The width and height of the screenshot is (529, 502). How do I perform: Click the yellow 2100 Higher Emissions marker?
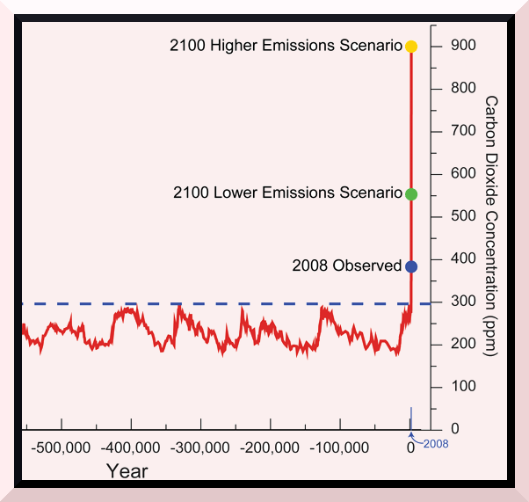point(411,46)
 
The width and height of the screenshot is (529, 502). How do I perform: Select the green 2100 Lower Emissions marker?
point(411,193)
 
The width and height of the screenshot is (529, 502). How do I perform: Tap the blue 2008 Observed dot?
point(411,266)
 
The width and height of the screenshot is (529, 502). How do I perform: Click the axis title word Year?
point(127,470)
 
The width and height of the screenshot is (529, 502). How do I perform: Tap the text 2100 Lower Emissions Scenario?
point(286,193)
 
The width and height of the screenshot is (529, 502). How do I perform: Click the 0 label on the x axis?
point(410,447)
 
